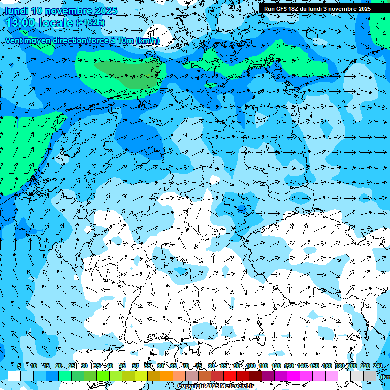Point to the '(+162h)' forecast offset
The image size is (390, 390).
point(90,22)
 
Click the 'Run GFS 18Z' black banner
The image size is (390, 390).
point(317,9)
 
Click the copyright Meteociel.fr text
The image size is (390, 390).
point(215,386)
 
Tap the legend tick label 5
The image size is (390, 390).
point(19,366)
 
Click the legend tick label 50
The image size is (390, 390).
point(135,366)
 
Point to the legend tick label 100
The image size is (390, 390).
point(250,366)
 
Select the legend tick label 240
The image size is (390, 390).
point(378,366)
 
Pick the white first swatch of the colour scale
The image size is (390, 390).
point(14,376)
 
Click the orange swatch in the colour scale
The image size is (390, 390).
point(167,376)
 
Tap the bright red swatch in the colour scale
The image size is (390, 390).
point(230,376)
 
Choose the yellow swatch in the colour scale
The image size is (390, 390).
point(141,376)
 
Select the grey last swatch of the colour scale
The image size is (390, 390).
point(370,376)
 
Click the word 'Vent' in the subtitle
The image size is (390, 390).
point(15,40)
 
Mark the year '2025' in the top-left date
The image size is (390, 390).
point(106,11)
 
